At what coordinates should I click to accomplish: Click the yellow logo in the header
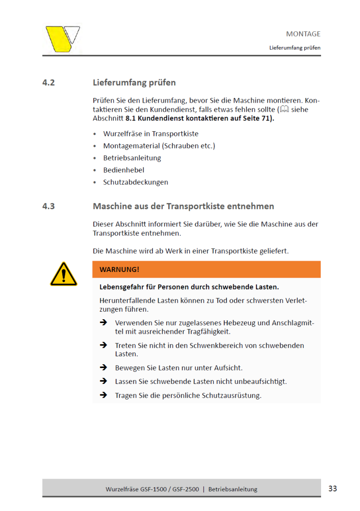point(62,38)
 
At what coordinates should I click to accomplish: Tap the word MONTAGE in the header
point(303,34)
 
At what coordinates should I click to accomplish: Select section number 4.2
point(49,83)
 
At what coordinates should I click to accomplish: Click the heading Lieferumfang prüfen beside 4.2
point(134,83)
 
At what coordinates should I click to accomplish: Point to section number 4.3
point(49,206)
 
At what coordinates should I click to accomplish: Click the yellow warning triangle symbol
point(64,274)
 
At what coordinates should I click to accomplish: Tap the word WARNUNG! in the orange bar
point(119,270)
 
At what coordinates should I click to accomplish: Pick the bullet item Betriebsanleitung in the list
point(132,158)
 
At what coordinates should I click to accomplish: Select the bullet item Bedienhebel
point(124,170)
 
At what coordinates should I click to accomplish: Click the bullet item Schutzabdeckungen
point(135,182)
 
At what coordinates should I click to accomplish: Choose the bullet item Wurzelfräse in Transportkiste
point(151,134)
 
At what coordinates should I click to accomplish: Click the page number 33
point(332,488)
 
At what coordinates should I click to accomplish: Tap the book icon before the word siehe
point(284,109)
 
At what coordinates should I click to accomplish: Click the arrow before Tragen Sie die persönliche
point(104,395)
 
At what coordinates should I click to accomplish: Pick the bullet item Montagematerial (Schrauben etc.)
point(159,146)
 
